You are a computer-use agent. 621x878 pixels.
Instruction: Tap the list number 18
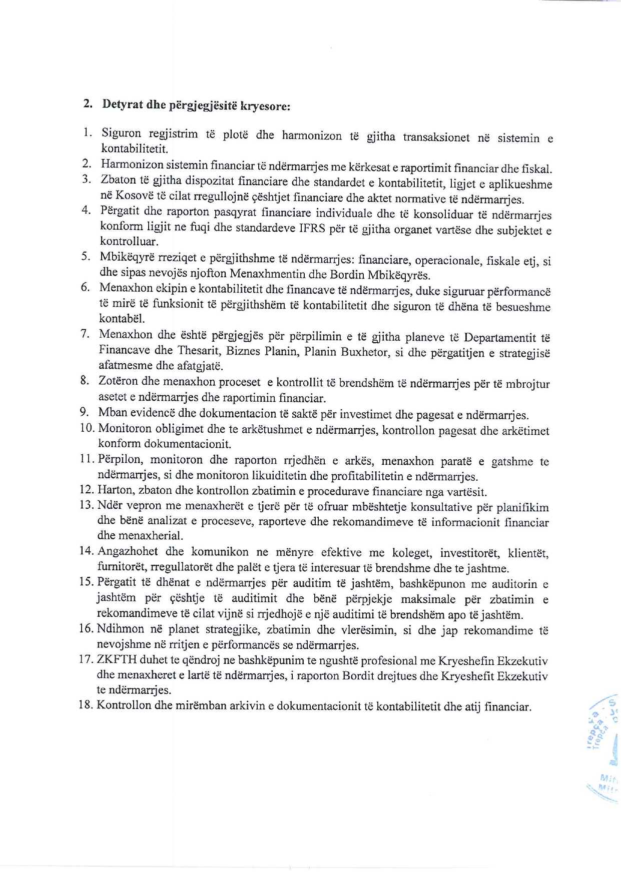coord(87,705)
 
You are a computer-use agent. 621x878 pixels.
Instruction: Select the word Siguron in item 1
coord(121,133)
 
